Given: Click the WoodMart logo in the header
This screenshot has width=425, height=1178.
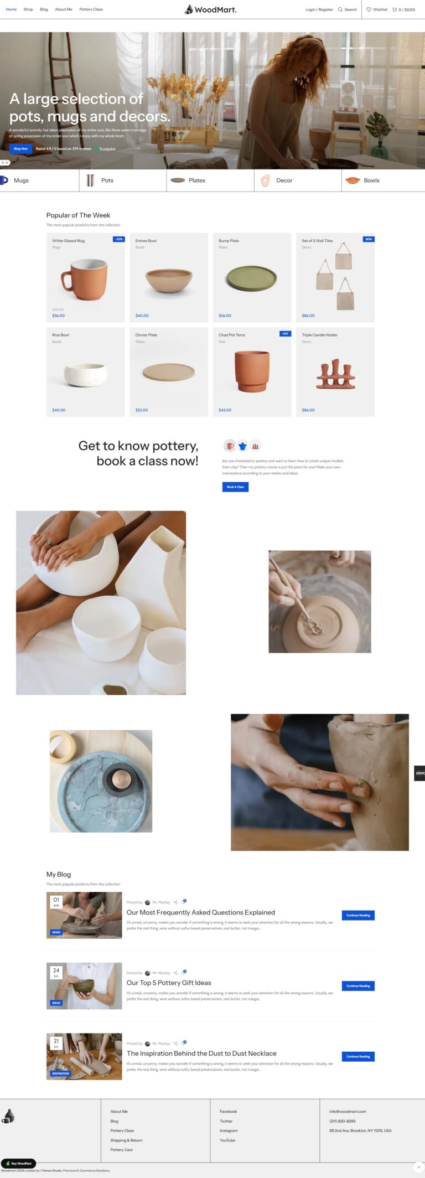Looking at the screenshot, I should (211, 9).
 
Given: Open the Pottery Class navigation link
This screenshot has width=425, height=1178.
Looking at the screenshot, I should (91, 9).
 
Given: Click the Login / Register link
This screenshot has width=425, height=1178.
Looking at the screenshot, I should (319, 9).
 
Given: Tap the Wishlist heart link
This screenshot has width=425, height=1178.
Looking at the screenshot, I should (377, 9).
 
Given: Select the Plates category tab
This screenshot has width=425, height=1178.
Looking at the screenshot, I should (196, 180).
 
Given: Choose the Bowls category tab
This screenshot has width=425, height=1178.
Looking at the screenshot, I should (371, 180).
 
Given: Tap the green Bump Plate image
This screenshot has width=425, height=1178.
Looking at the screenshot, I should (251, 278).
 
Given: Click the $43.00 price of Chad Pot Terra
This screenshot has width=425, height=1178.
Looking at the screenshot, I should (225, 410).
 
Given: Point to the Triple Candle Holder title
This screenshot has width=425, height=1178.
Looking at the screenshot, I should (319, 335).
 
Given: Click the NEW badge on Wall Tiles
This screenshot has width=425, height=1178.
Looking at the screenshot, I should (368, 239).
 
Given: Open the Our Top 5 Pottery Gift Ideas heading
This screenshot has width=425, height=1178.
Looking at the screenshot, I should (169, 983).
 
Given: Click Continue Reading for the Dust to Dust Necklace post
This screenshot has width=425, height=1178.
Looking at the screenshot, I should (358, 1056).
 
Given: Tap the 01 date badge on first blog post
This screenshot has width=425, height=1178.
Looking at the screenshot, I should (56, 901).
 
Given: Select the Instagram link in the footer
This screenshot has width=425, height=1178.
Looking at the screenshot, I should (229, 1130).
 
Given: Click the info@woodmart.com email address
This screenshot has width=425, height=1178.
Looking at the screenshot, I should (348, 1111).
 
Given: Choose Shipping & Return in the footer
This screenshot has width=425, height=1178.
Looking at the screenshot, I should (126, 1140).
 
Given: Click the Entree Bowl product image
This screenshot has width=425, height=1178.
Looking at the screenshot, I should (169, 280).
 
